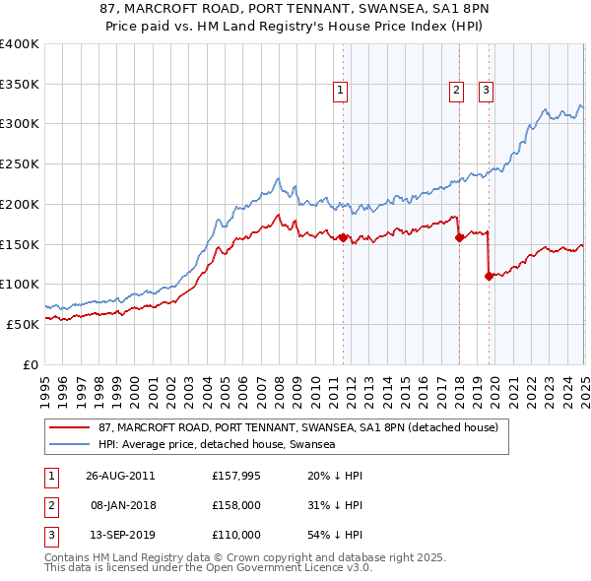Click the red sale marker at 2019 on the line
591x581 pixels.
pos(489,276)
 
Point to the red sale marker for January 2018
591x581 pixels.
pos(459,236)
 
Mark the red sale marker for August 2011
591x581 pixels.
pos(343,237)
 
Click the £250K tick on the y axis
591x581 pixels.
pos(20,164)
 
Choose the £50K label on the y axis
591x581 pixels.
pos(23,324)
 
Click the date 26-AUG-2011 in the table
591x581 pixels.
pos(120,476)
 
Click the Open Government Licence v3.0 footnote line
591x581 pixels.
pos(207,568)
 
